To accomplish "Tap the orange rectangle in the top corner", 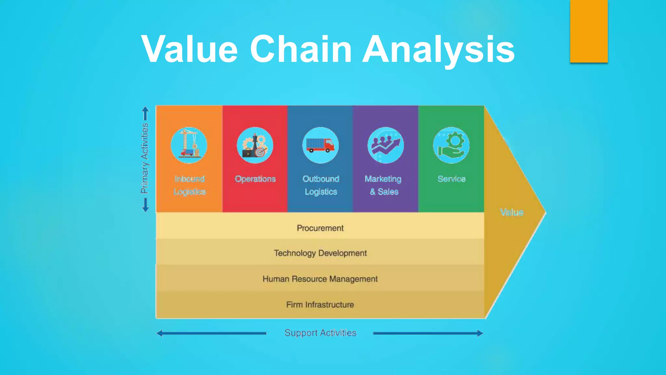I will point(589,31).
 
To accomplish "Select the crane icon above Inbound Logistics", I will point(189,145).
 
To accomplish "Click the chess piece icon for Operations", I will point(255,145).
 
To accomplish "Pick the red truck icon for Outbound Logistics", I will point(321,145).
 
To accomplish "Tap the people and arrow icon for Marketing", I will point(386,145).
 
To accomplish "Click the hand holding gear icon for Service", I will point(451,145).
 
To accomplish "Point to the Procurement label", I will point(320,228).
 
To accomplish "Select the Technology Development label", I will point(320,253).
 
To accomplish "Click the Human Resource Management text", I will point(320,279).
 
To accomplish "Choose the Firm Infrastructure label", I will point(320,305).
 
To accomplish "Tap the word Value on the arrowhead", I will point(512,213).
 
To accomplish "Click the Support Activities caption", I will point(320,333).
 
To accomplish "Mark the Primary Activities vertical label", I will point(145,159).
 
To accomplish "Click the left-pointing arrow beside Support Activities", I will point(211,333).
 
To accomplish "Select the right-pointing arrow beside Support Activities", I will point(428,333).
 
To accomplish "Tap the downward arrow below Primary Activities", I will point(145,205).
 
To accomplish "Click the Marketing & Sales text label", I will point(384,185).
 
